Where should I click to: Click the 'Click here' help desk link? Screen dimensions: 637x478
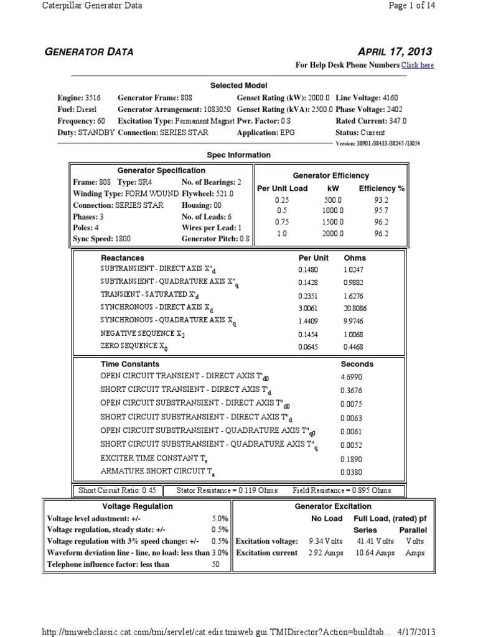(417, 65)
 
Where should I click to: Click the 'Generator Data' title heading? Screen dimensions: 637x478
(88, 52)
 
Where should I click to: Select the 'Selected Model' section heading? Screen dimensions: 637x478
(238, 85)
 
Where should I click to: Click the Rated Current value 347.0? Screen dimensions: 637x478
(396, 121)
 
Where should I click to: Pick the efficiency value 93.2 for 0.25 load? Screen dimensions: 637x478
(382, 200)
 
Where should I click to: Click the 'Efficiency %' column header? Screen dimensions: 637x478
(382, 188)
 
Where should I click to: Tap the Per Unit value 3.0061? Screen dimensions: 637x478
(309, 307)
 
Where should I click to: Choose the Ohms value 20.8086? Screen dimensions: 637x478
(355, 307)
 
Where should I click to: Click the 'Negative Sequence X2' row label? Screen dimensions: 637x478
(143, 333)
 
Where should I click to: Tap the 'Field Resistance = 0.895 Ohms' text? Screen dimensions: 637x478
(342, 490)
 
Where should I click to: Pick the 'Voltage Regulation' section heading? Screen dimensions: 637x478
(138, 506)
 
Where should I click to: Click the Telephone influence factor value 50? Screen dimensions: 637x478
(216, 564)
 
